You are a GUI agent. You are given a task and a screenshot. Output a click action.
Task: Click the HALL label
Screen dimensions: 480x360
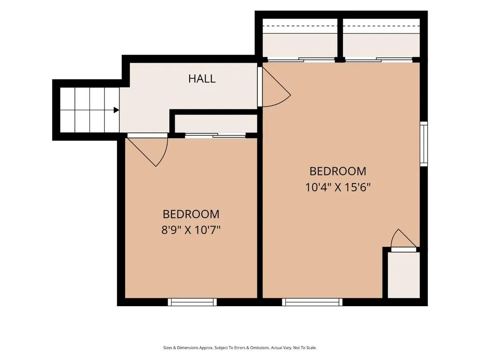click(202, 79)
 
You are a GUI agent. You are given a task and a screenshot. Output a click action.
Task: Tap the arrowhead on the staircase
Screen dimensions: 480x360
click(116, 110)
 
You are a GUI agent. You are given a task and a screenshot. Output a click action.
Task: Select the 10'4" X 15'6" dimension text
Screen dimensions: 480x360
click(338, 187)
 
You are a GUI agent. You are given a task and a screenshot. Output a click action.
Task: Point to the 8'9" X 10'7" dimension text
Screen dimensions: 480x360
click(191, 229)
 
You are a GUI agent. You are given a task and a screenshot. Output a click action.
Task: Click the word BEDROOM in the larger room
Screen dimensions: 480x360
click(338, 171)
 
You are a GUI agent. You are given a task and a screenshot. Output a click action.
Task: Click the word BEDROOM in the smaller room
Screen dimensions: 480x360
click(191, 214)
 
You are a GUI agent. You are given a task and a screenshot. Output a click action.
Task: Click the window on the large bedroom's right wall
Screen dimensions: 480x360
click(424, 144)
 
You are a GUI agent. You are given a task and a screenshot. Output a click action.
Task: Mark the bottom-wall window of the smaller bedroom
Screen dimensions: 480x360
click(192, 302)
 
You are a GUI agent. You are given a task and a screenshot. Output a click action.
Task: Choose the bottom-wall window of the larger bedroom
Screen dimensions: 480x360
click(312, 302)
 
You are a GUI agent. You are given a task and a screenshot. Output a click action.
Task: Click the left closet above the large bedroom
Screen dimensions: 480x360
click(300, 38)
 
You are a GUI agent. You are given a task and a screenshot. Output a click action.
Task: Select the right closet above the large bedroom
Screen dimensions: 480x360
click(382, 38)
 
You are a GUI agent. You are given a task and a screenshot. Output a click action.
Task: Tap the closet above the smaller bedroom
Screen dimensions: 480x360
click(216, 124)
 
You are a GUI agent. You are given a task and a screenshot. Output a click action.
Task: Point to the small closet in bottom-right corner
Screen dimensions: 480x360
click(404, 275)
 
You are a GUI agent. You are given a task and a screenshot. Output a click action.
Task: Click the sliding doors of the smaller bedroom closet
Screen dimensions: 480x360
click(215, 135)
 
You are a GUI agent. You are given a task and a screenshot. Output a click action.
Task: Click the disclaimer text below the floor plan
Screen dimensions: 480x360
click(240, 348)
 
